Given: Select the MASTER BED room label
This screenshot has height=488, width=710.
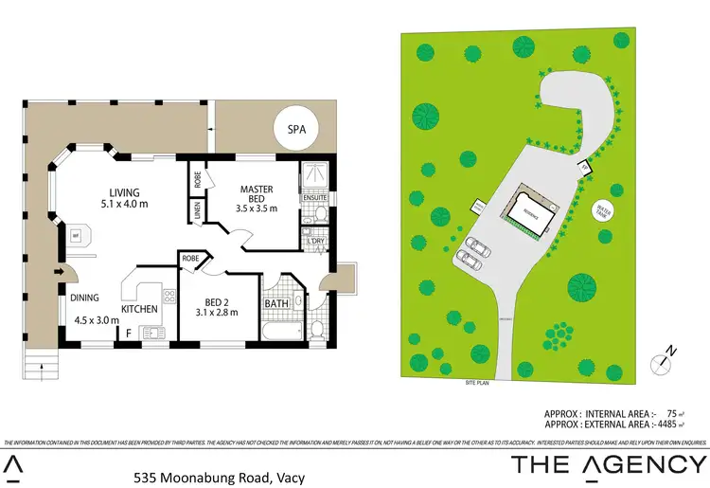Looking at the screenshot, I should coord(256,194).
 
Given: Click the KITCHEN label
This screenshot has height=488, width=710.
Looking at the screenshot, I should coord(138,309).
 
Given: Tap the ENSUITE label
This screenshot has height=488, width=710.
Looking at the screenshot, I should coord(315,198).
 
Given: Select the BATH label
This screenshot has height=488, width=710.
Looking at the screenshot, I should coord(275,306).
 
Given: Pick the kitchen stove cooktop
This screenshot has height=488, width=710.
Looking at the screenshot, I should coord(169,297).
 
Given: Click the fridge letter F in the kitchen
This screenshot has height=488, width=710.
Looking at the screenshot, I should coord(129,332).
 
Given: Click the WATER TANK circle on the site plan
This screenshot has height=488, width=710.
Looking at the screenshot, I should coord(600,211).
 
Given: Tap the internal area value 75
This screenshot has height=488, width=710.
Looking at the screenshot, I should coord(671,413).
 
